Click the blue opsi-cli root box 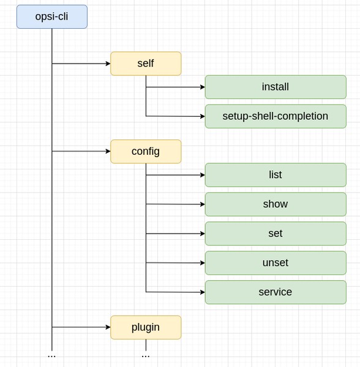52,17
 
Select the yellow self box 146,64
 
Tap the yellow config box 146,151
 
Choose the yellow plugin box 146,327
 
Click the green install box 276,87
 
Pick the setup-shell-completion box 276,116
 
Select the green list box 276,175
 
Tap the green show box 276,204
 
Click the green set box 276,234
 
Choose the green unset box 276,263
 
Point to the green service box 276,292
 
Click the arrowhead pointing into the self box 107,64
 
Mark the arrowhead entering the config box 107,151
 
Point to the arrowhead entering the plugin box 107,327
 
